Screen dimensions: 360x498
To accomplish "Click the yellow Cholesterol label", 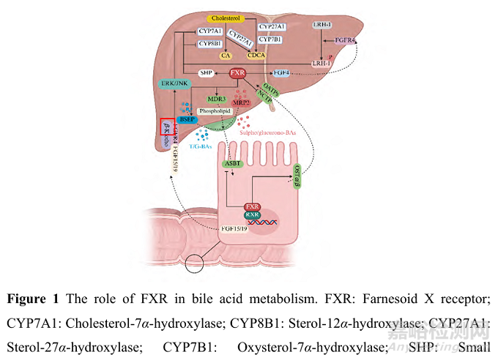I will click(x=226, y=16).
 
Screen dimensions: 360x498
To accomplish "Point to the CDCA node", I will click(x=256, y=55).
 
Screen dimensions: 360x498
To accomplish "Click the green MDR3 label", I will click(x=215, y=98).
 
